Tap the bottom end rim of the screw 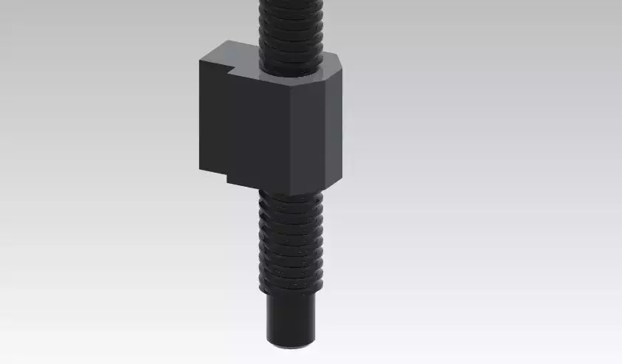click(291, 343)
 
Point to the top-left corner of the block click(200, 60)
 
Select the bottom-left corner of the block click(198, 171)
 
